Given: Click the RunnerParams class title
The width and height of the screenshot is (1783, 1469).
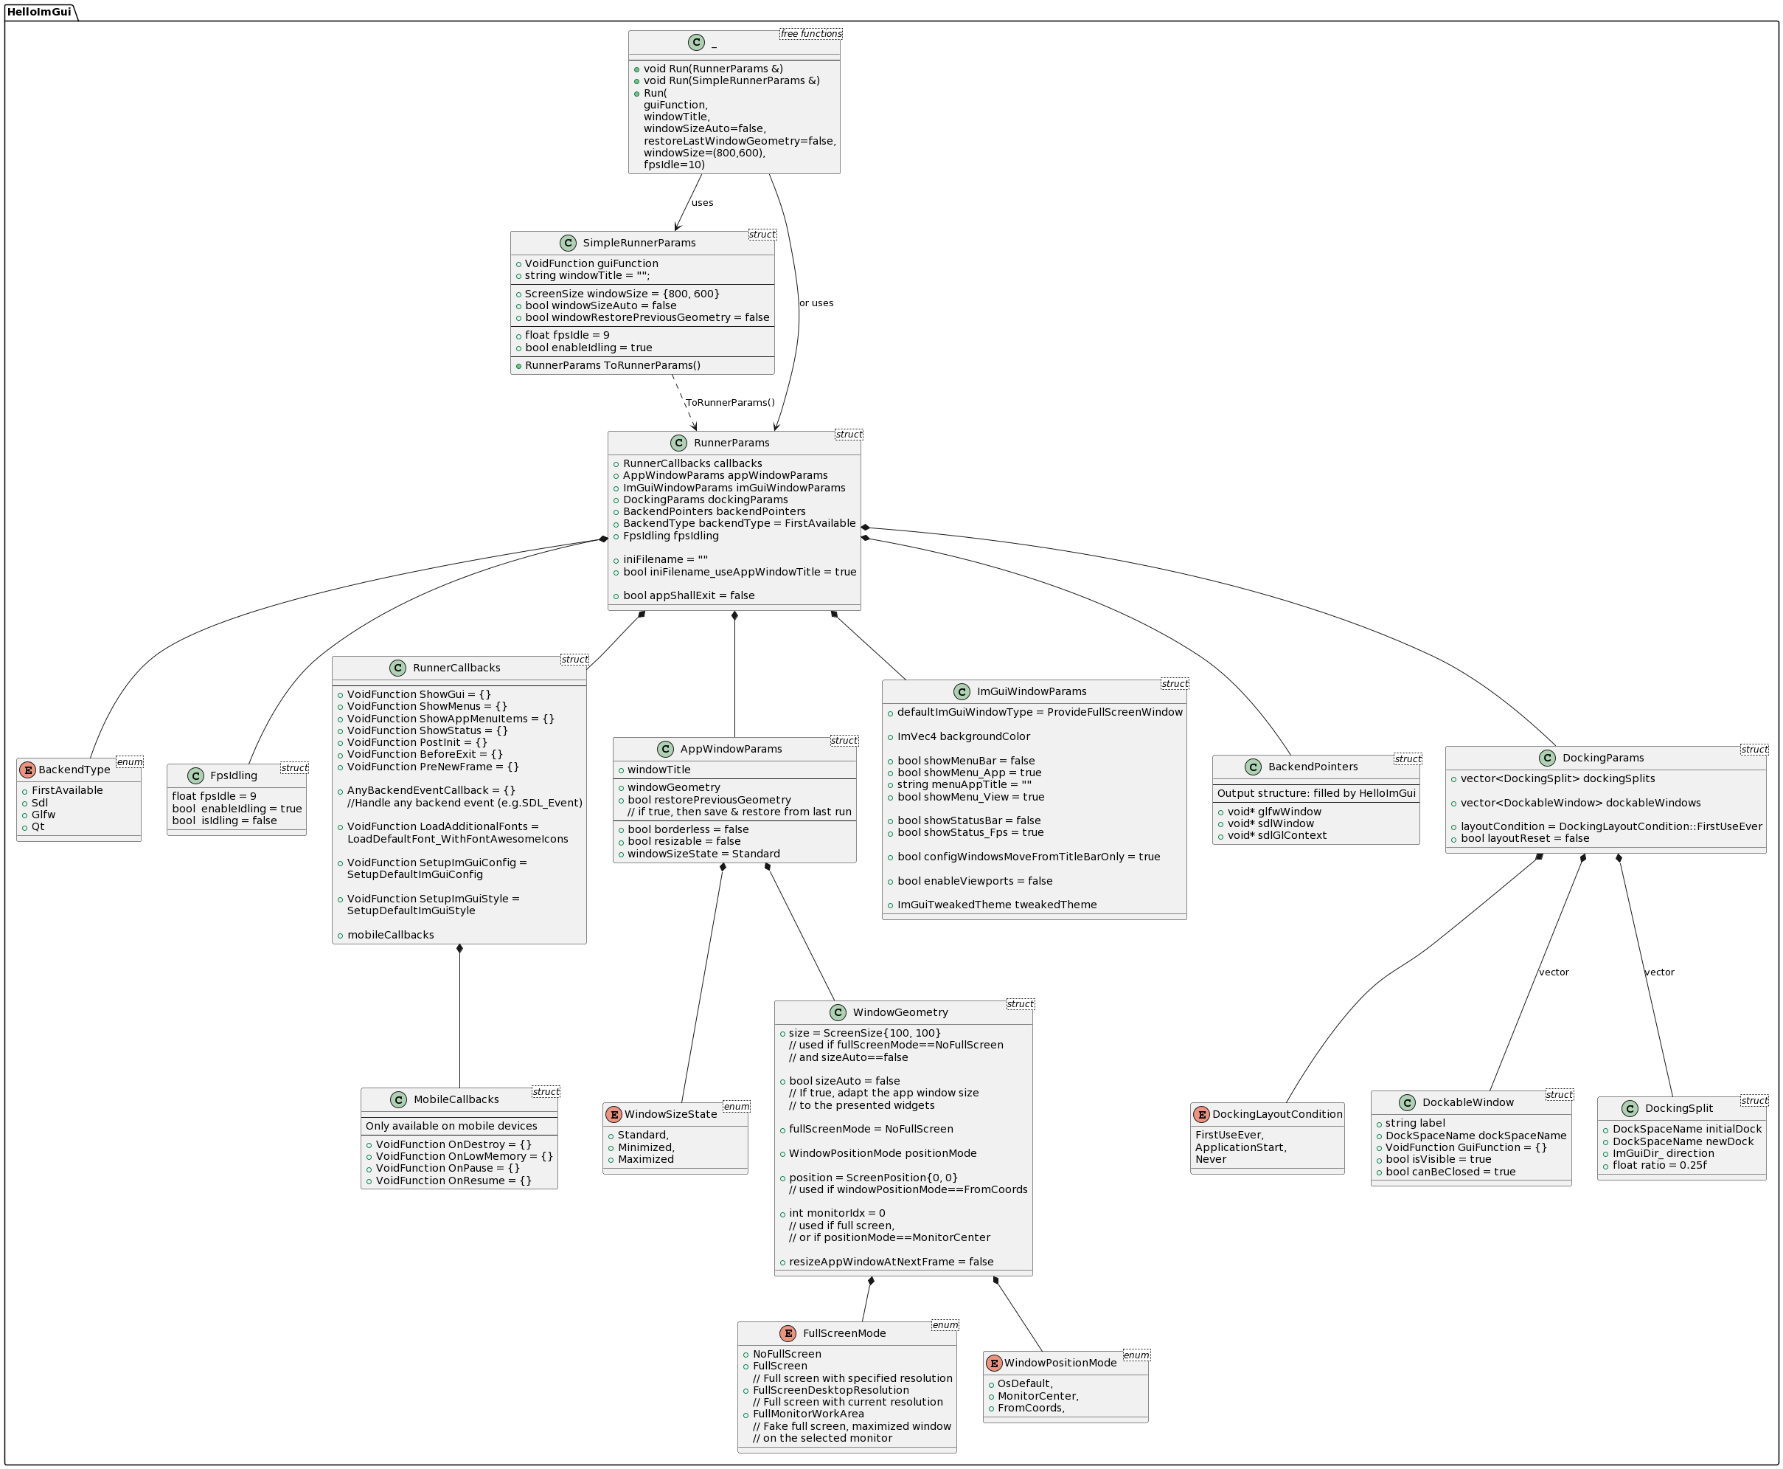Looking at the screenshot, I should pos(731,443).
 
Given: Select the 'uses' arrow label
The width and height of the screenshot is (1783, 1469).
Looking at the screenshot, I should pos(702,203).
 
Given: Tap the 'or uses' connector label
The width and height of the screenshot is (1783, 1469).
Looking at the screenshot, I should pos(816,303).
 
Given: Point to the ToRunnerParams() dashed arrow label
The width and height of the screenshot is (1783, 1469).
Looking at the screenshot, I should pos(730,403).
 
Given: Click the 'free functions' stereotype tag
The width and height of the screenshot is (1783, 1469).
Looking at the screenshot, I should pos(810,34).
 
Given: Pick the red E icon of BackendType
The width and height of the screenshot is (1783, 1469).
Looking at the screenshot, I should pos(28,770).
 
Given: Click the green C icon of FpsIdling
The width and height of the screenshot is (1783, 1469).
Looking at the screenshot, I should pos(195,776).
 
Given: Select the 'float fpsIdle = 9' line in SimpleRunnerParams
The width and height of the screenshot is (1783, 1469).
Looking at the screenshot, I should pos(567,335).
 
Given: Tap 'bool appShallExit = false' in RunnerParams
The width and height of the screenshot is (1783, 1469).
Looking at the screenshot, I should pos(689,595).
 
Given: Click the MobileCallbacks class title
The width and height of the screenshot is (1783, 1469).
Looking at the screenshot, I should pos(456,1099).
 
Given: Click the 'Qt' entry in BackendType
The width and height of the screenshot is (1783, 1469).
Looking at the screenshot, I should pos(38,827).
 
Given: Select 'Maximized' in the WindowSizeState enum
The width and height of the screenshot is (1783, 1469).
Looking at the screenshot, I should pos(645,1159).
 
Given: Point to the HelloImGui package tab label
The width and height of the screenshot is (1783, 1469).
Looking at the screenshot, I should pos(39,12).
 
